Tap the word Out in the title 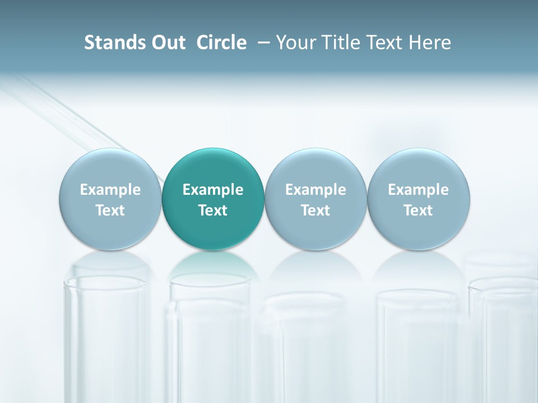pos(167,43)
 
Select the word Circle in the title pos(221,43)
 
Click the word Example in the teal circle pos(213,190)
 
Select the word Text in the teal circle pos(213,210)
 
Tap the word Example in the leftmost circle pos(110,190)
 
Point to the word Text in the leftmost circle pos(110,210)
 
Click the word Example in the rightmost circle pos(418,190)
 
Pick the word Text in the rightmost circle pos(418,210)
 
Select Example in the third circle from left pos(316,190)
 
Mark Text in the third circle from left pos(316,210)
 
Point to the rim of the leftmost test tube pos(106,280)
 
